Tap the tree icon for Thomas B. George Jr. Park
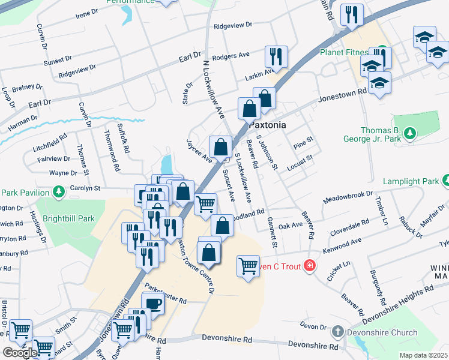pyautogui.click(x=410, y=133)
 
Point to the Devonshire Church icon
pyautogui.click(x=338, y=332)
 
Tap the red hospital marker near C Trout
pyautogui.click(x=309, y=265)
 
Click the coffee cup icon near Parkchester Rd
pyautogui.click(x=152, y=303)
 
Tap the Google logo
pyautogui.click(x=20, y=353)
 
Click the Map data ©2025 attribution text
pyautogui.click(x=423, y=355)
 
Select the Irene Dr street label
pyautogui.click(x=86, y=13)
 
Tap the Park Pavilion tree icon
pyautogui.click(x=59, y=192)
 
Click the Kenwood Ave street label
pyautogui.click(x=343, y=242)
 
